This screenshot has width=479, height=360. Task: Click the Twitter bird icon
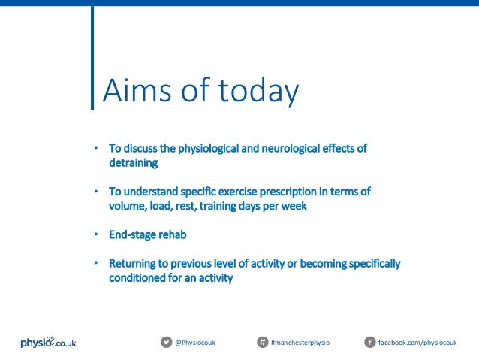coord(166,343)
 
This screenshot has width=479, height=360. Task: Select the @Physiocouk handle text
coord(195,343)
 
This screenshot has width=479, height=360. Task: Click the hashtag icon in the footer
coord(263,343)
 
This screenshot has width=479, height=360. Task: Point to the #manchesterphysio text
coord(300,343)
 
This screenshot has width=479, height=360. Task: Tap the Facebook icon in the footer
coord(369,343)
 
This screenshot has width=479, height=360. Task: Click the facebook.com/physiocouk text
coord(417,343)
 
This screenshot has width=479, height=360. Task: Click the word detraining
coord(133,162)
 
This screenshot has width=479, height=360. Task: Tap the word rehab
coord(173,234)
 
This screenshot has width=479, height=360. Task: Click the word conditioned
coord(137,278)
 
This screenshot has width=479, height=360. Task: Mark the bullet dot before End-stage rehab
coord(95,234)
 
